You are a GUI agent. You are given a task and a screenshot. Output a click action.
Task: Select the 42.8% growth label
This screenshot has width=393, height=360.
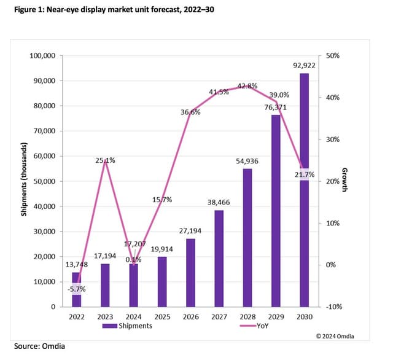click(247, 86)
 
